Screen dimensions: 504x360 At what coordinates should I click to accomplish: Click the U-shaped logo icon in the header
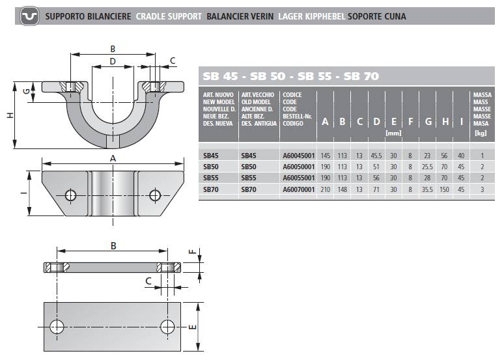(29, 16)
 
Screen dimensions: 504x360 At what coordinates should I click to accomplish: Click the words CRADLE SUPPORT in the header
(169, 16)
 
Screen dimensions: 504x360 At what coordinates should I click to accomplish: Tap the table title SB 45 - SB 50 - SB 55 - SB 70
(290, 76)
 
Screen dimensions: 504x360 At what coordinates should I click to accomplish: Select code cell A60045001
(299, 156)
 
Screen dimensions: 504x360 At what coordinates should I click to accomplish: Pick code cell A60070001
(299, 189)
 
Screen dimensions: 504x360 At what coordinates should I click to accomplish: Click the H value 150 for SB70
(444, 189)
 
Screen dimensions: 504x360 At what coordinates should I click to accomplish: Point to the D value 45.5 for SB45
(376, 156)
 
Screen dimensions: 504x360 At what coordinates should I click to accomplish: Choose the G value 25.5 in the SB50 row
(427, 167)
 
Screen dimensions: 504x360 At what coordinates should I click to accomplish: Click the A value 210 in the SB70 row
(326, 189)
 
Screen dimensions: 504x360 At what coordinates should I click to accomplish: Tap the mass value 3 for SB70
(482, 189)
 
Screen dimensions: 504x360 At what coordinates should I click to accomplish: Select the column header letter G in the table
(428, 122)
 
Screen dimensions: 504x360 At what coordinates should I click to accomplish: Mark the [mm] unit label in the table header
(393, 133)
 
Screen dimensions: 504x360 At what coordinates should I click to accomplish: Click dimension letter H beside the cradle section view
(10, 115)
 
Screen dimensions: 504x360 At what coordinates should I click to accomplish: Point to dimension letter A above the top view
(113, 158)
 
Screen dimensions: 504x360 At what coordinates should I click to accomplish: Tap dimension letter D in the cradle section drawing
(113, 61)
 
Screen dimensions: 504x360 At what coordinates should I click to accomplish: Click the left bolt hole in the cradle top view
(71, 195)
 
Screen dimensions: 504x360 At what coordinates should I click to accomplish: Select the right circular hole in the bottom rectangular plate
(167, 327)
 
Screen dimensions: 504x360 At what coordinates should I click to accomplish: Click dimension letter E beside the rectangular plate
(192, 327)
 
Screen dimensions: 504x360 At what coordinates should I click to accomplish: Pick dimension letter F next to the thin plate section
(192, 252)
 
